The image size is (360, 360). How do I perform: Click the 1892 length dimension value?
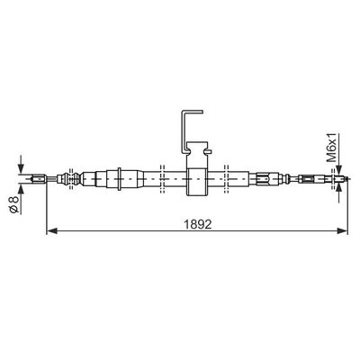(x=198, y=224)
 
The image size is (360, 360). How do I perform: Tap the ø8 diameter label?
(x=13, y=204)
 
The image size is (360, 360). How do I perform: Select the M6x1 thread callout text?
(x=332, y=148)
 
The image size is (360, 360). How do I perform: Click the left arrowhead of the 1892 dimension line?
(x=52, y=230)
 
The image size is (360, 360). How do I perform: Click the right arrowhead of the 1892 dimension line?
(x=342, y=230)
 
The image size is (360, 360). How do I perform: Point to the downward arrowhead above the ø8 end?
(x=21, y=169)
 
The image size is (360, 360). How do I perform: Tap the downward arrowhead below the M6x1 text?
(x=339, y=170)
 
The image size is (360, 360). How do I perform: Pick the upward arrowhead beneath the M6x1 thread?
(x=339, y=188)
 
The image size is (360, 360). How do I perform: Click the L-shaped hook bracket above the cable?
(x=184, y=132)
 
